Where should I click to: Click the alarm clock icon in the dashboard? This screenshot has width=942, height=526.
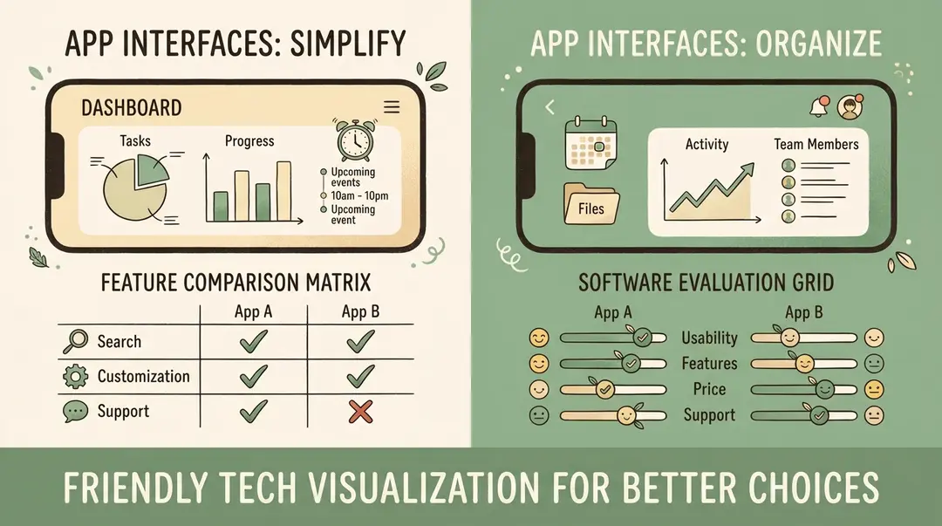353,142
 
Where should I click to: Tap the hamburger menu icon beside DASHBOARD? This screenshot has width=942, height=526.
392,107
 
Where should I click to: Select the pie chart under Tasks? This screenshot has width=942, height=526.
131,185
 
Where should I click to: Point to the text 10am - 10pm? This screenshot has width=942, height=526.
359,196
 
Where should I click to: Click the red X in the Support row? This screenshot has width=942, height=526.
360,411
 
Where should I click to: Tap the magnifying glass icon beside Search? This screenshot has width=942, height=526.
77,342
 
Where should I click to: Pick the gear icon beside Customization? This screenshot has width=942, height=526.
77,377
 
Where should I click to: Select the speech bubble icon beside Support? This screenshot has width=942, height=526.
77,412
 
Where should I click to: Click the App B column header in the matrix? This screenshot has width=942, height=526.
359,312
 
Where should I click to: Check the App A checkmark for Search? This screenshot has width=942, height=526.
252,341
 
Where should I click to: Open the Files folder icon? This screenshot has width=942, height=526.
590,204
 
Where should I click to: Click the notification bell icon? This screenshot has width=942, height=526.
819,107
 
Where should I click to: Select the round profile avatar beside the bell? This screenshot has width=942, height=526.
849,107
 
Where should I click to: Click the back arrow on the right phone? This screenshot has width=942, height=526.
549,107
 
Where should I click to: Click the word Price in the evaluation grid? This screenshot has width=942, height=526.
709,389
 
